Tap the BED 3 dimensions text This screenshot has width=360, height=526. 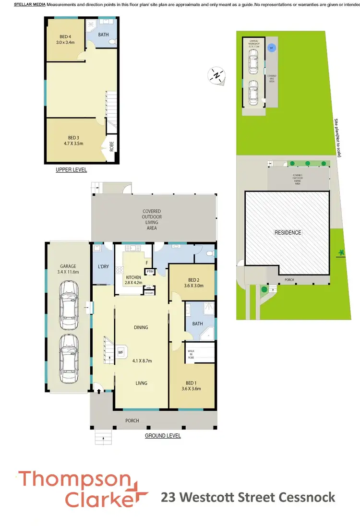point(71,143)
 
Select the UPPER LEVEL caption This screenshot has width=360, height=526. point(72,170)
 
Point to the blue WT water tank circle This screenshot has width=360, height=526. point(272,48)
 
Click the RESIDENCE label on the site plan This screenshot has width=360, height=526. point(288,233)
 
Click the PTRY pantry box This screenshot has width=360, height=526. point(150,272)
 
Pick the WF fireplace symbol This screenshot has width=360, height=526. point(121,352)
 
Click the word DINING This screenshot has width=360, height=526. point(141,327)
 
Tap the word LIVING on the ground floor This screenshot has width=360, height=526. point(141,383)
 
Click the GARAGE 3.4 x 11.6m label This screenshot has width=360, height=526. point(68,269)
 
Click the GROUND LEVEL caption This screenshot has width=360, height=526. point(163,436)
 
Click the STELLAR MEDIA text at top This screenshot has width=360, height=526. point(29,4)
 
